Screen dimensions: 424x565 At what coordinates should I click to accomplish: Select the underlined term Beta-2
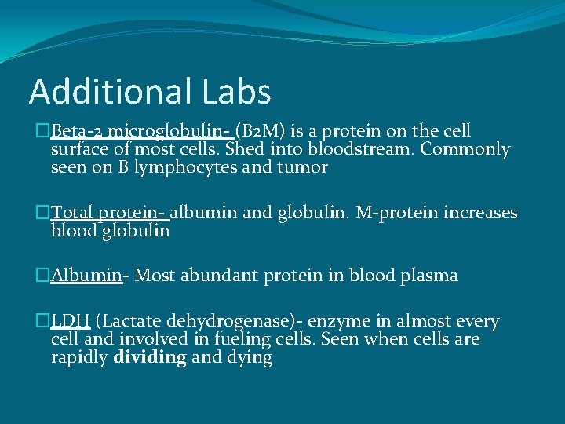click(78, 131)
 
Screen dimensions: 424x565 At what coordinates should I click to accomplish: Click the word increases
click(483, 213)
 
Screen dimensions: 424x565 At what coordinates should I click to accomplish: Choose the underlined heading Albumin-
click(90, 276)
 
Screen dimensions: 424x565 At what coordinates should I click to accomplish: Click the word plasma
click(430, 276)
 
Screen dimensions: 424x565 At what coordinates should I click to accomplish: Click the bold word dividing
click(150, 358)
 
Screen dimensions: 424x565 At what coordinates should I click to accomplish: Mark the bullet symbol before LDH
click(43, 321)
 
